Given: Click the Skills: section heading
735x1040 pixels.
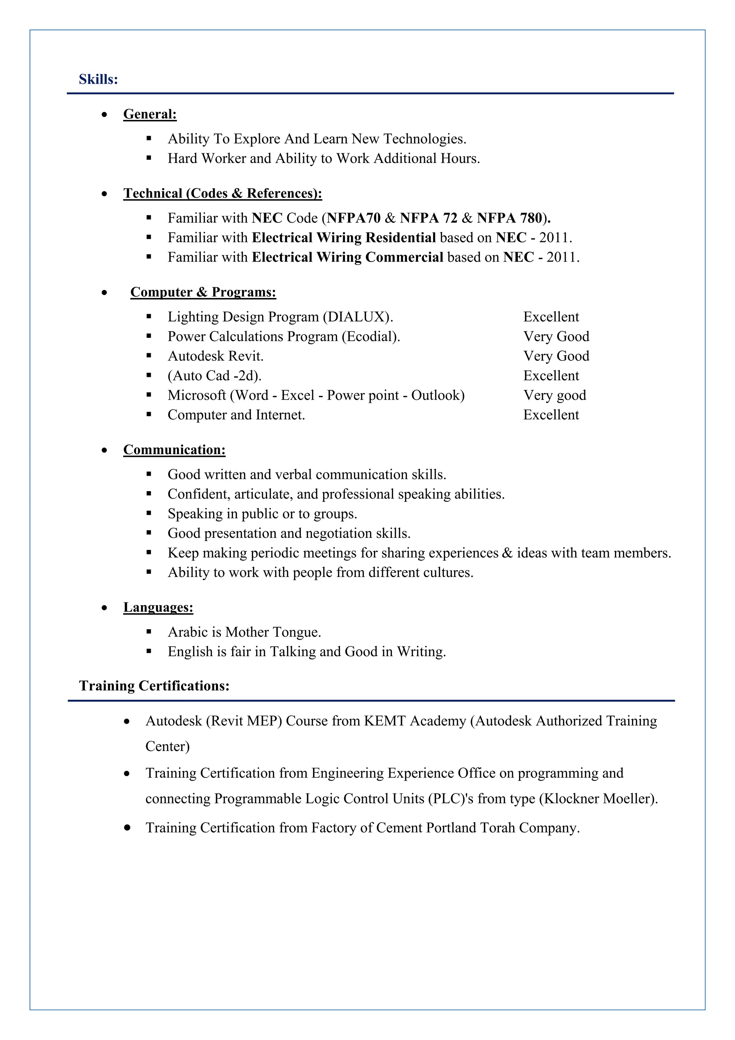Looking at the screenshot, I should [x=98, y=79].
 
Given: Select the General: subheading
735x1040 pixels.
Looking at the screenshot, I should [x=150, y=114].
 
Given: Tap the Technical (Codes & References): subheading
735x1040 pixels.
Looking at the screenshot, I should [x=223, y=193].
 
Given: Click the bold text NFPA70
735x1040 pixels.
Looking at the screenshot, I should [x=354, y=218].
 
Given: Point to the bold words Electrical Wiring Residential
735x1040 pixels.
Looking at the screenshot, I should [x=344, y=237].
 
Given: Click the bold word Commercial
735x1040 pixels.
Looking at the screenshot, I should [x=404, y=257].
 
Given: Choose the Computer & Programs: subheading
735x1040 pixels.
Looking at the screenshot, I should [x=203, y=292].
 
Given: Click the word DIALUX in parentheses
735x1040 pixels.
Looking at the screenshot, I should [x=357, y=317].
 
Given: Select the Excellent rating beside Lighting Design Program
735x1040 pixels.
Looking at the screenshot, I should [x=551, y=317].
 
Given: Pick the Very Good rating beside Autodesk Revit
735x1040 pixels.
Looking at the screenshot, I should [x=556, y=356].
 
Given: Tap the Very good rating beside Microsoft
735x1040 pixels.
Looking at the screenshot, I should [x=554, y=395].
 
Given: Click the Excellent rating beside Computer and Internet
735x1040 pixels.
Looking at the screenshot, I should [x=551, y=415].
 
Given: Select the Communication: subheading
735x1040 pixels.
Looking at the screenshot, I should [x=174, y=450].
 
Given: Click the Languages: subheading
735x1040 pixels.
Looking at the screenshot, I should [x=158, y=607].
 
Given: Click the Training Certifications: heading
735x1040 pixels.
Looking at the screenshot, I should [x=154, y=686].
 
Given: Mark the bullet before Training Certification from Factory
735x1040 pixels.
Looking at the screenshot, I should [x=127, y=827].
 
